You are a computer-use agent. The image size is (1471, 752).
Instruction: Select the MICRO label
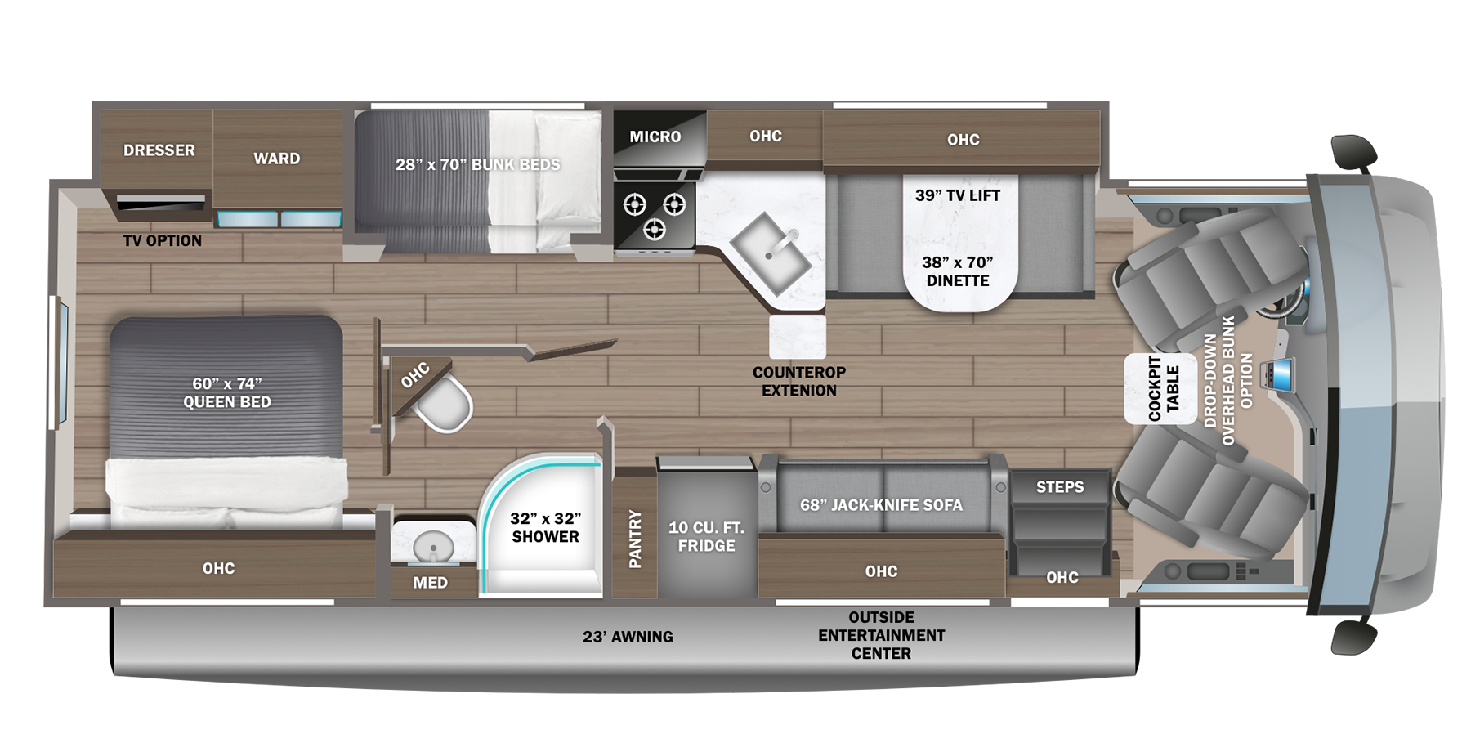coord(655,137)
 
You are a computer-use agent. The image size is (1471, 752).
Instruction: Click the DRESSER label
coord(159,150)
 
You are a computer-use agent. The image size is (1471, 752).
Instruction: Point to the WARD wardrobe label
coord(276,159)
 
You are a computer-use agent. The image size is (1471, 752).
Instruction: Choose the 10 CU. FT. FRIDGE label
coord(706,536)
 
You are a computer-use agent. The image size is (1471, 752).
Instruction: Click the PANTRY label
coord(635,539)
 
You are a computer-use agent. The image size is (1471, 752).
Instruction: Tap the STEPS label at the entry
coord(1060,487)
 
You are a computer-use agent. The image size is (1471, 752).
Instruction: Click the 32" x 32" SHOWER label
coord(545,527)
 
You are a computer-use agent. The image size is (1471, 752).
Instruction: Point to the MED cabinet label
coord(430,582)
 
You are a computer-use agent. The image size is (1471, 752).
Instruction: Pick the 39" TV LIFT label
coord(957,195)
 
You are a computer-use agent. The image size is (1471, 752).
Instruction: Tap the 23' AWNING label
coord(628,637)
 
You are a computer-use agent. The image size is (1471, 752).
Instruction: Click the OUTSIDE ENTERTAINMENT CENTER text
coord(881,635)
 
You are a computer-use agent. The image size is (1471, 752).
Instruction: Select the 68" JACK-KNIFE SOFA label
coord(881,505)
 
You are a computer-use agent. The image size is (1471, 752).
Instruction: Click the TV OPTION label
coord(162,240)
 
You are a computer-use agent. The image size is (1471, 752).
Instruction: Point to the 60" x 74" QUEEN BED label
coord(226,392)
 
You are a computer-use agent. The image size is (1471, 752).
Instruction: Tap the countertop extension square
coord(798,336)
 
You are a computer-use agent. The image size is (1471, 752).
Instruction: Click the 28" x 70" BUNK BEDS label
coord(477,164)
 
